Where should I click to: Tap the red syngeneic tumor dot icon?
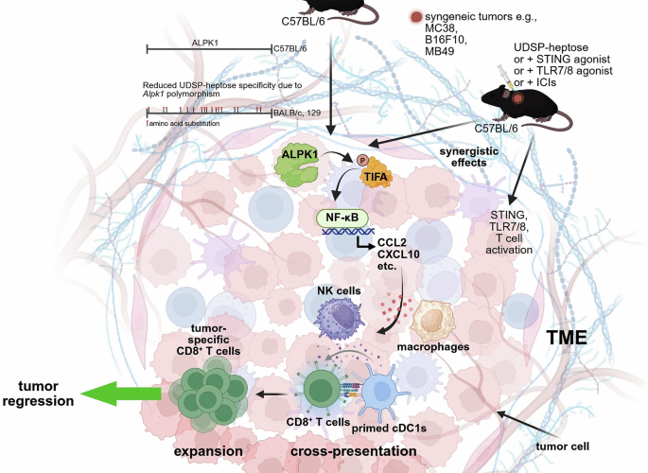pyautogui.click(x=418, y=17)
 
